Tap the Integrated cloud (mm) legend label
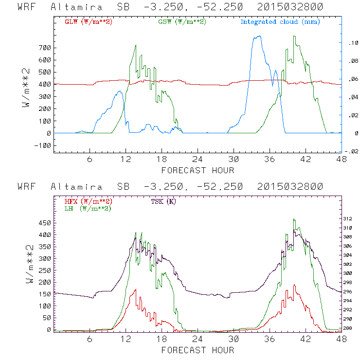tap(280, 22)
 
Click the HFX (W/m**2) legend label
tap(86, 201)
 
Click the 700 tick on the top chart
tap(45, 48)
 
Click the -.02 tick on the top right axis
tap(352, 151)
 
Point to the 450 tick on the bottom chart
tap(45, 223)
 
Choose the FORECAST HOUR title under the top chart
tap(198, 170)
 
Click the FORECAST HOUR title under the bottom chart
tap(198, 350)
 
